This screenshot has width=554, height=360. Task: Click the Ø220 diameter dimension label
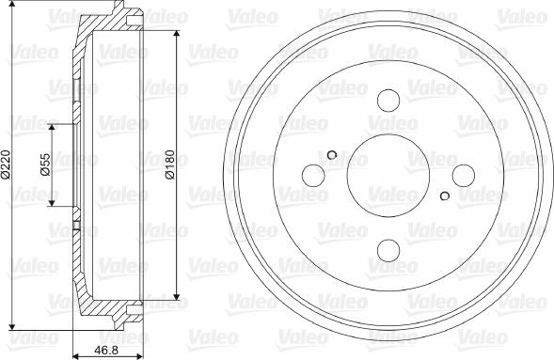pos(8,167)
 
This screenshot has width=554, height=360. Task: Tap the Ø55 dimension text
pos(44,165)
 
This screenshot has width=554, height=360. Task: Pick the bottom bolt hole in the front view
pos(388,249)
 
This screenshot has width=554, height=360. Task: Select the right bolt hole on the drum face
pos(462,175)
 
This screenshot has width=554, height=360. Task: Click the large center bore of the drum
pos(388,175)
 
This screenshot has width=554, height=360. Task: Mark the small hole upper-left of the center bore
pos(332,156)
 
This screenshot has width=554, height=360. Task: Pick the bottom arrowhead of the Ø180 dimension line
pos(177,298)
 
